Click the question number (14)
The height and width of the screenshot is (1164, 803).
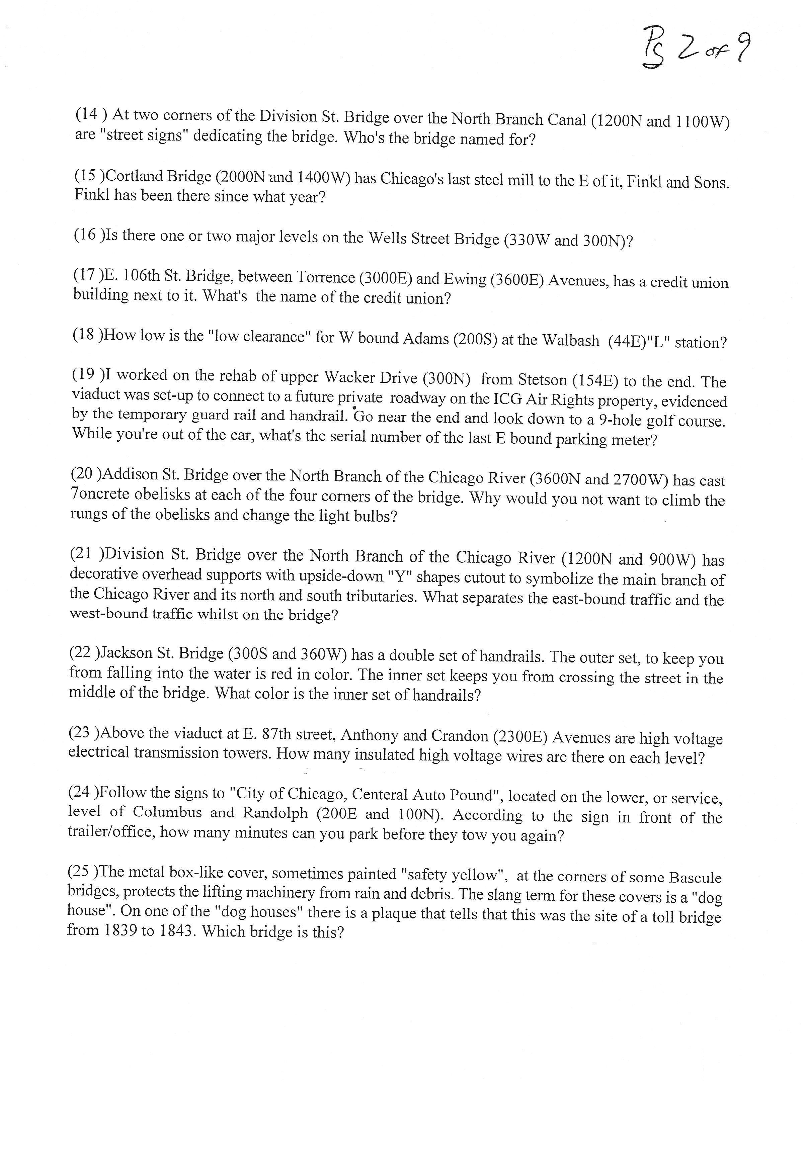coord(91,115)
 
